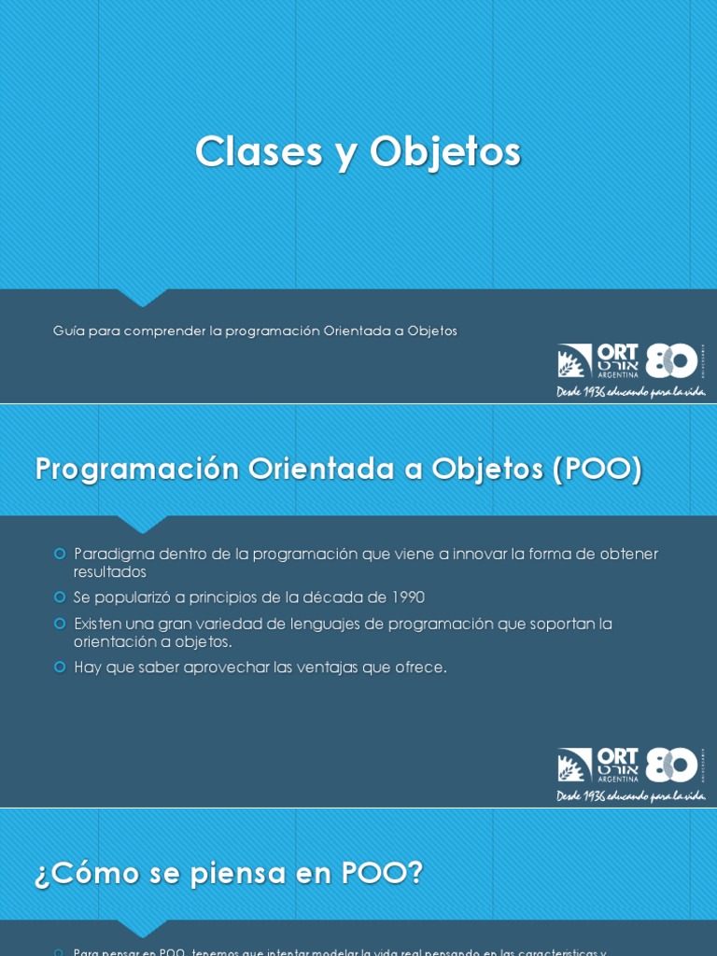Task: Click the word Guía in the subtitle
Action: click(x=68, y=330)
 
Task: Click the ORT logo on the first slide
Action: click(x=598, y=360)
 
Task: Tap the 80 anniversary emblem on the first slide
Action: click(x=672, y=360)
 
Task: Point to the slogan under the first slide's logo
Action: click(x=630, y=392)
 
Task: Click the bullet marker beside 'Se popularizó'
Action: click(x=60, y=597)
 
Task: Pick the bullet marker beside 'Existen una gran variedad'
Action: click(x=60, y=623)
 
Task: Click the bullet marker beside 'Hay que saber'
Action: click(x=60, y=667)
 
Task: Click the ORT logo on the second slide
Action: click(x=598, y=765)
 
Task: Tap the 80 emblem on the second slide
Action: click(x=672, y=765)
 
